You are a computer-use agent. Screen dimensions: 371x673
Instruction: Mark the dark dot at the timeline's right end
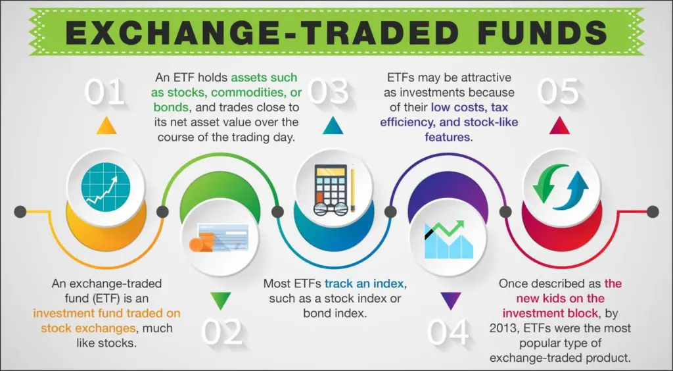653,211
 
